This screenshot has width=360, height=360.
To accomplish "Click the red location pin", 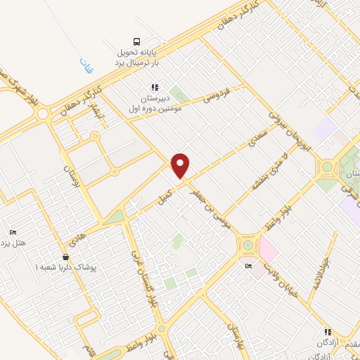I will (x=181, y=166).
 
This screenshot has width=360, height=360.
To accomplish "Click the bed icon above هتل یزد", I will (x=12, y=233).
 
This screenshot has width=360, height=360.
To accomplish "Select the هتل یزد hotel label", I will (x=13, y=245).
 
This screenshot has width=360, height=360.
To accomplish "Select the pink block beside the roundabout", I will (x=268, y=248).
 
